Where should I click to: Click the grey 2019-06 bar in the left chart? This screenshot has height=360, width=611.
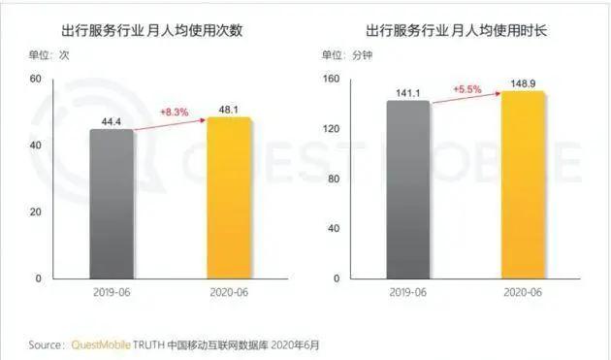112,204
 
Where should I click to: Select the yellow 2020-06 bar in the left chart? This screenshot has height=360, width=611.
229,198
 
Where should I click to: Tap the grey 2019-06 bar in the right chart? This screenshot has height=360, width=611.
407,189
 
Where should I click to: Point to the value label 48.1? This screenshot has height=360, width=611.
229,108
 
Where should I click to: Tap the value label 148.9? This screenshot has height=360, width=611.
524,84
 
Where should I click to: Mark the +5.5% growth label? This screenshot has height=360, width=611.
468,89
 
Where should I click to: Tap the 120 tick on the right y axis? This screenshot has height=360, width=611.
332,128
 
